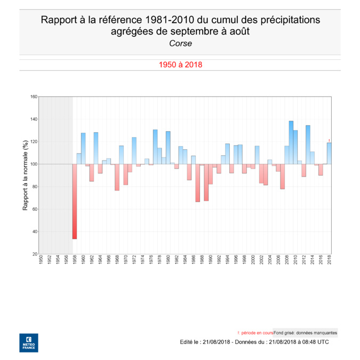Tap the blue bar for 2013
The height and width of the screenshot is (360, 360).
click(308, 145)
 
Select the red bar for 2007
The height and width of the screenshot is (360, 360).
click(283, 176)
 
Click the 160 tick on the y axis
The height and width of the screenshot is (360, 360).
click(34, 97)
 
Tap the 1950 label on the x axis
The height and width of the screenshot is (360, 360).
click(41, 261)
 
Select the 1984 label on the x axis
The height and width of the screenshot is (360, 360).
click(185, 261)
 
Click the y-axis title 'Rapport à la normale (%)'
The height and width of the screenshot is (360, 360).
click(25, 175)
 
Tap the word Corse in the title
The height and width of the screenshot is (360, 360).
click(180, 44)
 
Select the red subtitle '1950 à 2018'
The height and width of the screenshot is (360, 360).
click(180, 65)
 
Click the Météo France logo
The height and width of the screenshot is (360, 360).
click(28, 342)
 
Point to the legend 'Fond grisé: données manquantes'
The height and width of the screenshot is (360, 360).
click(305, 332)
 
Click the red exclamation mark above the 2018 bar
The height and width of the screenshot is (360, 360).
click(329, 140)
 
